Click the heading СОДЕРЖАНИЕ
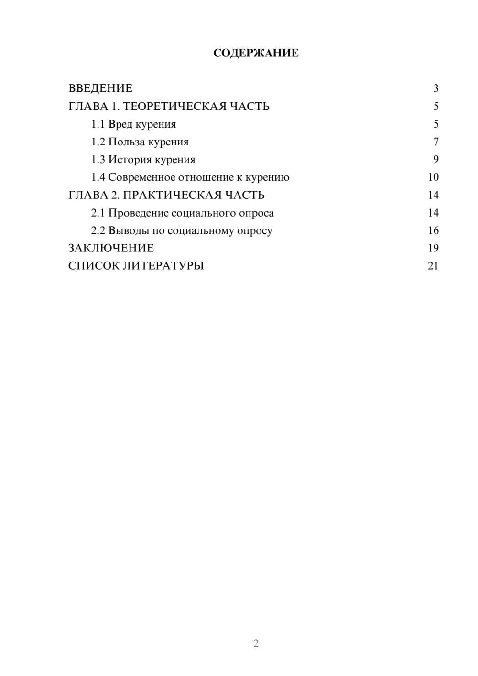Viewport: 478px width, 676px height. [x=256, y=53]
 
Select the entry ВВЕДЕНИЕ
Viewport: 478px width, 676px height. [x=100, y=88]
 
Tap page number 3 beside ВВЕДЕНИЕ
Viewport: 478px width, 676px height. [x=435, y=88]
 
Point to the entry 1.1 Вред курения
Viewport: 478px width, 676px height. [x=133, y=124]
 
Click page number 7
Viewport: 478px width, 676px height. [x=435, y=142]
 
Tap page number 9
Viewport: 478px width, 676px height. [x=435, y=160]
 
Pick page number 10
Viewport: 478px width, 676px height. [x=433, y=177]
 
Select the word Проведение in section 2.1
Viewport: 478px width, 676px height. [x=138, y=213]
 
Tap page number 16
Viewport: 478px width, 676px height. [x=433, y=230]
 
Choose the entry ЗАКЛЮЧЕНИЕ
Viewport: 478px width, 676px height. [x=111, y=248]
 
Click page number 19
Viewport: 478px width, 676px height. [x=433, y=248]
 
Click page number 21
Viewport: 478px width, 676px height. [x=433, y=266]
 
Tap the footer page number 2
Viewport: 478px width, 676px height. [x=256, y=643]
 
